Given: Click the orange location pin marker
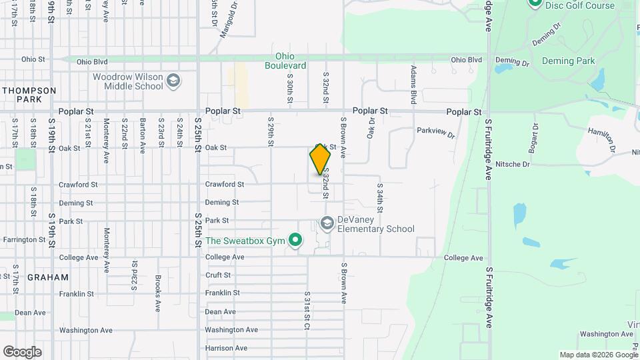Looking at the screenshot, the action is (x=320, y=160).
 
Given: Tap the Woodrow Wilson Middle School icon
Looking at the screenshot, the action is (x=173, y=81).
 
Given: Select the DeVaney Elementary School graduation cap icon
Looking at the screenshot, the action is (x=327, y=223).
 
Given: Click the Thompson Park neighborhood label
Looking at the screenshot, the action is (x=30, y=94).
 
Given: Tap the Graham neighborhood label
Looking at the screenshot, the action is (x=47, y=277).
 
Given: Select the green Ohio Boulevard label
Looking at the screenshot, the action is (x=285, y=61).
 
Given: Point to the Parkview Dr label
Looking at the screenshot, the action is (x=435, y=132).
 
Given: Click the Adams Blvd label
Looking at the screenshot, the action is (x=414, y=83).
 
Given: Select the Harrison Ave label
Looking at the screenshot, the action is (x=226, y=348).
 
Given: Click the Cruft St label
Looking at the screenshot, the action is (x=218, y=275).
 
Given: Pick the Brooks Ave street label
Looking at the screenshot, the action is (x=158, y=294).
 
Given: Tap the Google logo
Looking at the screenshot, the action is (x=22, y=351).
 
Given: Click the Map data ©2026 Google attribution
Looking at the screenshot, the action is (x=598, y=355).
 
